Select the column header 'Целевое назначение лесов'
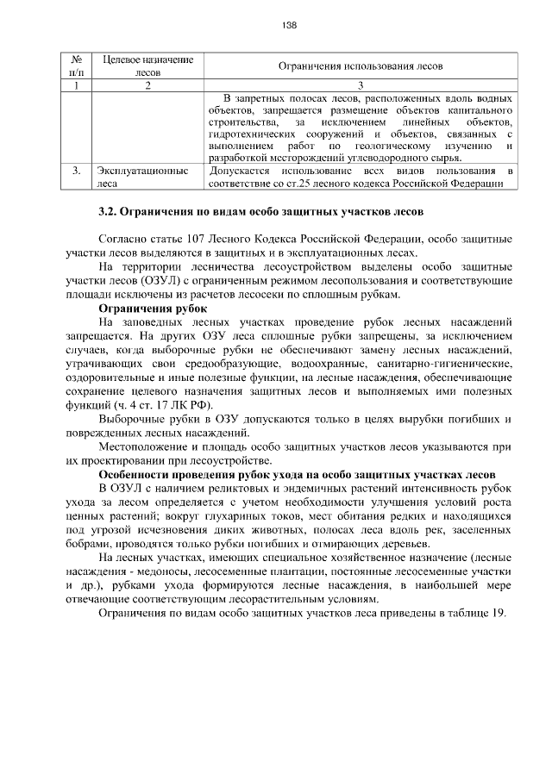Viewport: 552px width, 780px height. point(147,66)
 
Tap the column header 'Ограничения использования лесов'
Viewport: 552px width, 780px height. point(362,66)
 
